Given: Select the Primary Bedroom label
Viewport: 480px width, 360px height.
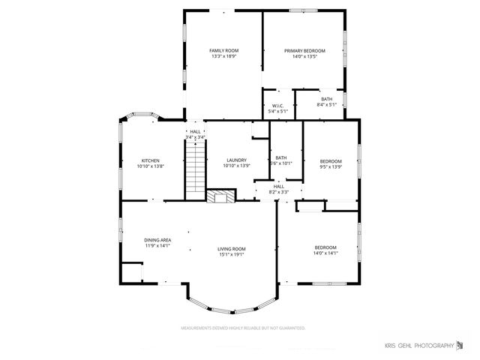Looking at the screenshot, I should point(304,50).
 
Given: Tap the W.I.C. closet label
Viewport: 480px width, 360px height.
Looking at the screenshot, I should point(277,106).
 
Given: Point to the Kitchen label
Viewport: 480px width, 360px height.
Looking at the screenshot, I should point(151,160).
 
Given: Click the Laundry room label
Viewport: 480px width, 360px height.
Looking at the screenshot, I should point(237,160).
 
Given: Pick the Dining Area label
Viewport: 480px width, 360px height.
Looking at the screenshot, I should point(157,240).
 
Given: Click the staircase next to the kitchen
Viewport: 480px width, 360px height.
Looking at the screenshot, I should point(195,169).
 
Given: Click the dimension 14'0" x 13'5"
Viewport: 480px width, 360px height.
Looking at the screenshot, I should point(304,56).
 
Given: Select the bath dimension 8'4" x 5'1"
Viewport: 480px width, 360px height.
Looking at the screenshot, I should point(327,104).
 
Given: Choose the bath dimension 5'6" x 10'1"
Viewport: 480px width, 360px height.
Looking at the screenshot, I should point(280,163).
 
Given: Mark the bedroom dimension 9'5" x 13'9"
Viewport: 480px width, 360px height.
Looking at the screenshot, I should point(331,166).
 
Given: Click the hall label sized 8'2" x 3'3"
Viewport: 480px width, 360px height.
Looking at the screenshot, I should point(278,192).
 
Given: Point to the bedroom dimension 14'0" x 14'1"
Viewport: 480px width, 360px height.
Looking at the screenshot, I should point(325,253).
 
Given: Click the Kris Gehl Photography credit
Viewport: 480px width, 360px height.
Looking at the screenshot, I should point(424,345).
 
